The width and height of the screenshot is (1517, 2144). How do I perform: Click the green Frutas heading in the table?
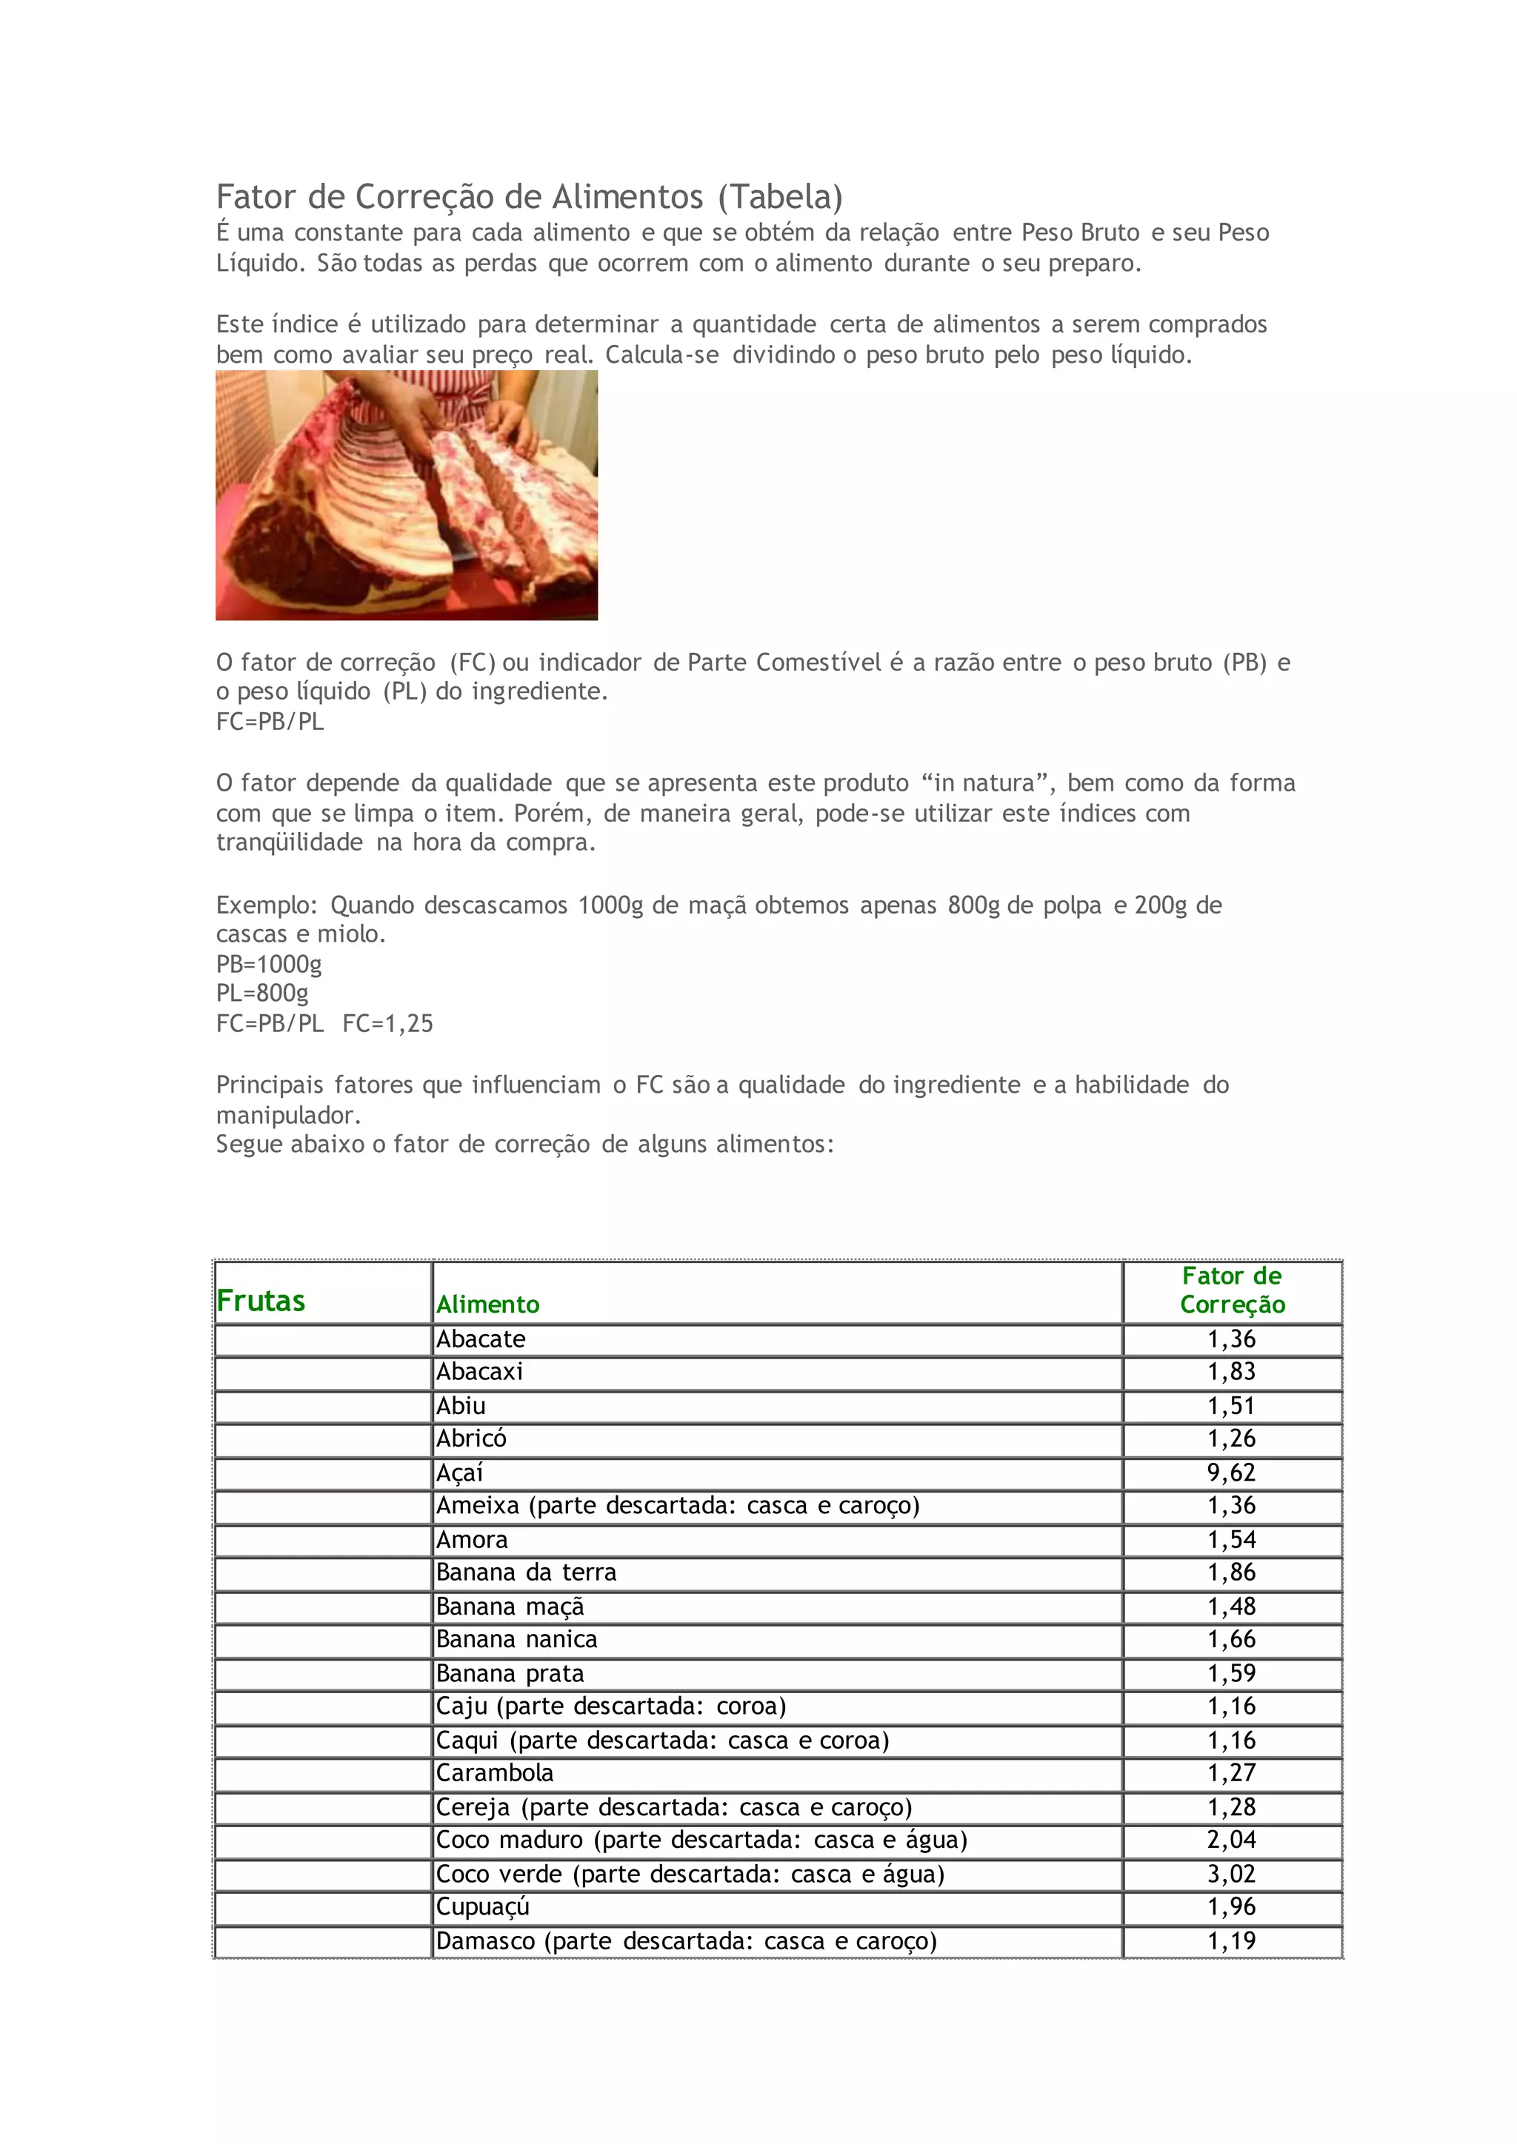pyautogui.click(x=261, y=1301)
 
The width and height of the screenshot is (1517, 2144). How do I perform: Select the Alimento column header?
pyautogui.click(x=487, y=1304)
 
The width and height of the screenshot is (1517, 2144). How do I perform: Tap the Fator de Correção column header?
pyautogui.click(x=1232, y=1290)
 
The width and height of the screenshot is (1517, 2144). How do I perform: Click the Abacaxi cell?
pyautogui.click(x=479, y=1372)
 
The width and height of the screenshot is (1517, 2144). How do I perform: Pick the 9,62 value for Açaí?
pyautogui.click(x=1231, y=1473)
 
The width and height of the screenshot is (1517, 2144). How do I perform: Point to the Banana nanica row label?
pyautogui.click(x=516, y=1639)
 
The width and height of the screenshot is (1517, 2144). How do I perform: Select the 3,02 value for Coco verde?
pyautogui.click(x=1231, y=1873)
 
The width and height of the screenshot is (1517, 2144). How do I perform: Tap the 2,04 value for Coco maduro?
pyautogui.click(x=1231, y=1840)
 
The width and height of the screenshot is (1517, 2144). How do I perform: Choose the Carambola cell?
pyautogui.click(x=494, y=1772)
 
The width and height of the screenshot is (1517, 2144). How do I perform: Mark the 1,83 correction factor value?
pyautogui.click(x=1231, y=1372)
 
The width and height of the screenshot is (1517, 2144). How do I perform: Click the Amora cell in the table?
pyautogui.click(x=472, y=1540)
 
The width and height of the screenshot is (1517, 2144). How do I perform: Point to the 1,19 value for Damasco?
pyautogui.click(x=1231, y=1940)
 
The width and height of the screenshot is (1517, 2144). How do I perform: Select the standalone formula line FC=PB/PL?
pyautogui.click(x=270, y=721)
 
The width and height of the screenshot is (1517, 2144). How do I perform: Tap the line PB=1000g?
pyautogui.click(x=269, y=964)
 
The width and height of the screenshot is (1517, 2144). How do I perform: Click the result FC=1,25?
pyautogui.click(x=387, y=1023)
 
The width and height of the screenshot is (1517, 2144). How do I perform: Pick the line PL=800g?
pyautogui.click(x=262, y=994)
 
